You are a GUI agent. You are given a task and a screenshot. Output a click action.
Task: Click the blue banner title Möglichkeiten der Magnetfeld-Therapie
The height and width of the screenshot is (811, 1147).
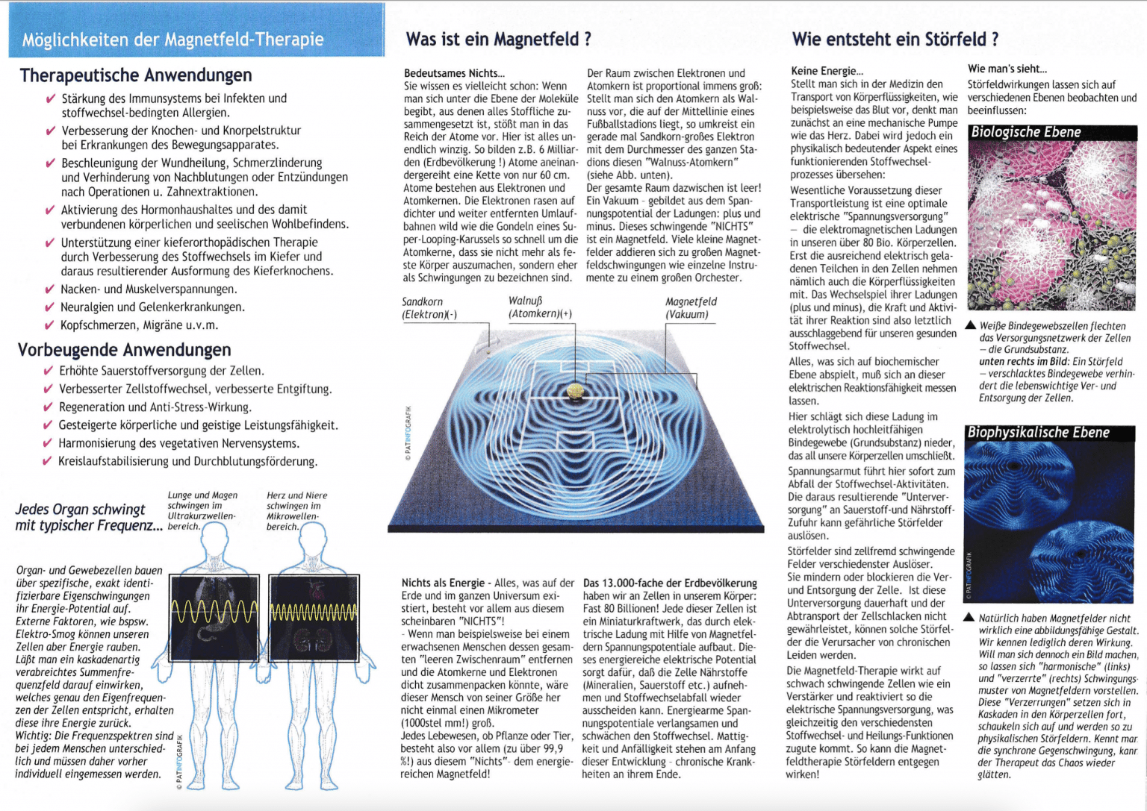pyautogui.click(x=172, y=40)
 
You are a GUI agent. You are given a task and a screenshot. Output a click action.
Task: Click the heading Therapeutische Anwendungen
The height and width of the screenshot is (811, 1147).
pyautogui.click(x=136, y=75)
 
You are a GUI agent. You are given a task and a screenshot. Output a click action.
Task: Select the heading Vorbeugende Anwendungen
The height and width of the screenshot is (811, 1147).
pyautogui.click(x=124, y=350)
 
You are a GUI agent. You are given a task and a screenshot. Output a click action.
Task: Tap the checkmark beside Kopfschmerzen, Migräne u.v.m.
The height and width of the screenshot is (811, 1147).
pyautogui.click(x=49, y=326)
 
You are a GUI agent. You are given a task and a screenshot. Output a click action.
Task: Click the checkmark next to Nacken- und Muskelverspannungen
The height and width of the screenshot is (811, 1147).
pyautogui.click(x=49, y=290)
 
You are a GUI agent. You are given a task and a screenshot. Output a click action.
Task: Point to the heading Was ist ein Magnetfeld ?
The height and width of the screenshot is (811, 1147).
pyautogui.click(x=498, y=40)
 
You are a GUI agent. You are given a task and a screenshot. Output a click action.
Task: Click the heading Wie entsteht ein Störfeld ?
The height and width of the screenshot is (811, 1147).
pyautogui.click(x=895, y=40)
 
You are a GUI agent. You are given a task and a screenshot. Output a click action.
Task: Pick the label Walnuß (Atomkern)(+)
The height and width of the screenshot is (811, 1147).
pyautogui.click(x=540, y=307)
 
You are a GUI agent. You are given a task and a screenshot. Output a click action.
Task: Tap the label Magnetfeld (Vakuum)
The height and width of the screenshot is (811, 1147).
pyautogui.click(x=690, y=308)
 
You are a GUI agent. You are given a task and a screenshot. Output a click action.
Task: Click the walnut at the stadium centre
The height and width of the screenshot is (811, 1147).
pyautogui.click(x=575, y=390)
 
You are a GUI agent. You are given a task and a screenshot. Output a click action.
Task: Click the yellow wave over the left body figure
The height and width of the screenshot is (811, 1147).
pyautogui.click(x=214, y=612)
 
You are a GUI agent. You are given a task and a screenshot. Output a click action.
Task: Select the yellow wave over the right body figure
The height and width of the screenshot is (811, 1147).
pyautogui.click(x=314, y=613)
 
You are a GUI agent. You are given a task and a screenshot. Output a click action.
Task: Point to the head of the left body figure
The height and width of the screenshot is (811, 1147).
pyautogui.click(x=215, y=536)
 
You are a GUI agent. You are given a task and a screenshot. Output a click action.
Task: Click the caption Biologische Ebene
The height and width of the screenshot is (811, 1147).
pyautogui.click(x=1025, y=133)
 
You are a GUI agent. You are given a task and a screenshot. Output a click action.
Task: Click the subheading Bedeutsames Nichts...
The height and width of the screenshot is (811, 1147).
pyautogui.click(x=454, y=73)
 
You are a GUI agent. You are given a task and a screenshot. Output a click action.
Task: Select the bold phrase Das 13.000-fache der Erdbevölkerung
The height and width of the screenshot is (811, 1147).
pyautogui.click(x=670, y=583)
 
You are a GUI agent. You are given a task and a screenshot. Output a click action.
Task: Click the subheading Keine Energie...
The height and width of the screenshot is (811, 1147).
pyautogui.click(x=827, y=72)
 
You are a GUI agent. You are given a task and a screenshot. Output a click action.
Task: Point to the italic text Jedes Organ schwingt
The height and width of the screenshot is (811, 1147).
pyautogui.click(x=81, y=510)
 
